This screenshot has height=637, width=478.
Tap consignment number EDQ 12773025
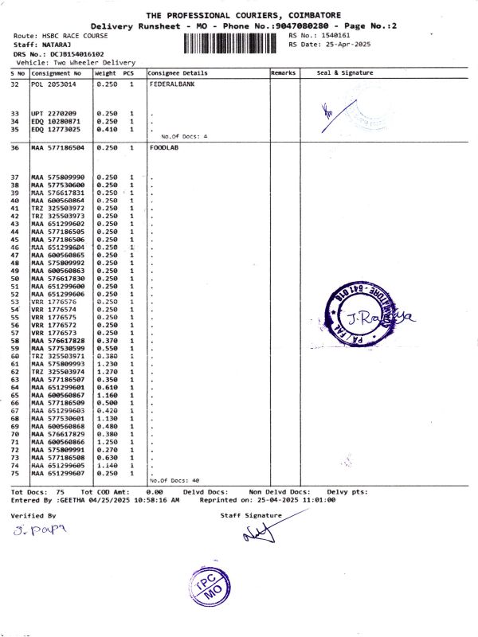tap(56, 129)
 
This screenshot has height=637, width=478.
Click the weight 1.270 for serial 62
tap(105, 372)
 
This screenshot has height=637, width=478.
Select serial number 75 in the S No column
tap(15, 473)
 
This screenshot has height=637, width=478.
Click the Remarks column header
tap(284, 72)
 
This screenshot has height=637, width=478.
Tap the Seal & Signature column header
tap(344, 72)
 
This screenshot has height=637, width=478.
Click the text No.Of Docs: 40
tap(174, 481)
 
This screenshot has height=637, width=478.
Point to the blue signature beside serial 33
tap(327, 115)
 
